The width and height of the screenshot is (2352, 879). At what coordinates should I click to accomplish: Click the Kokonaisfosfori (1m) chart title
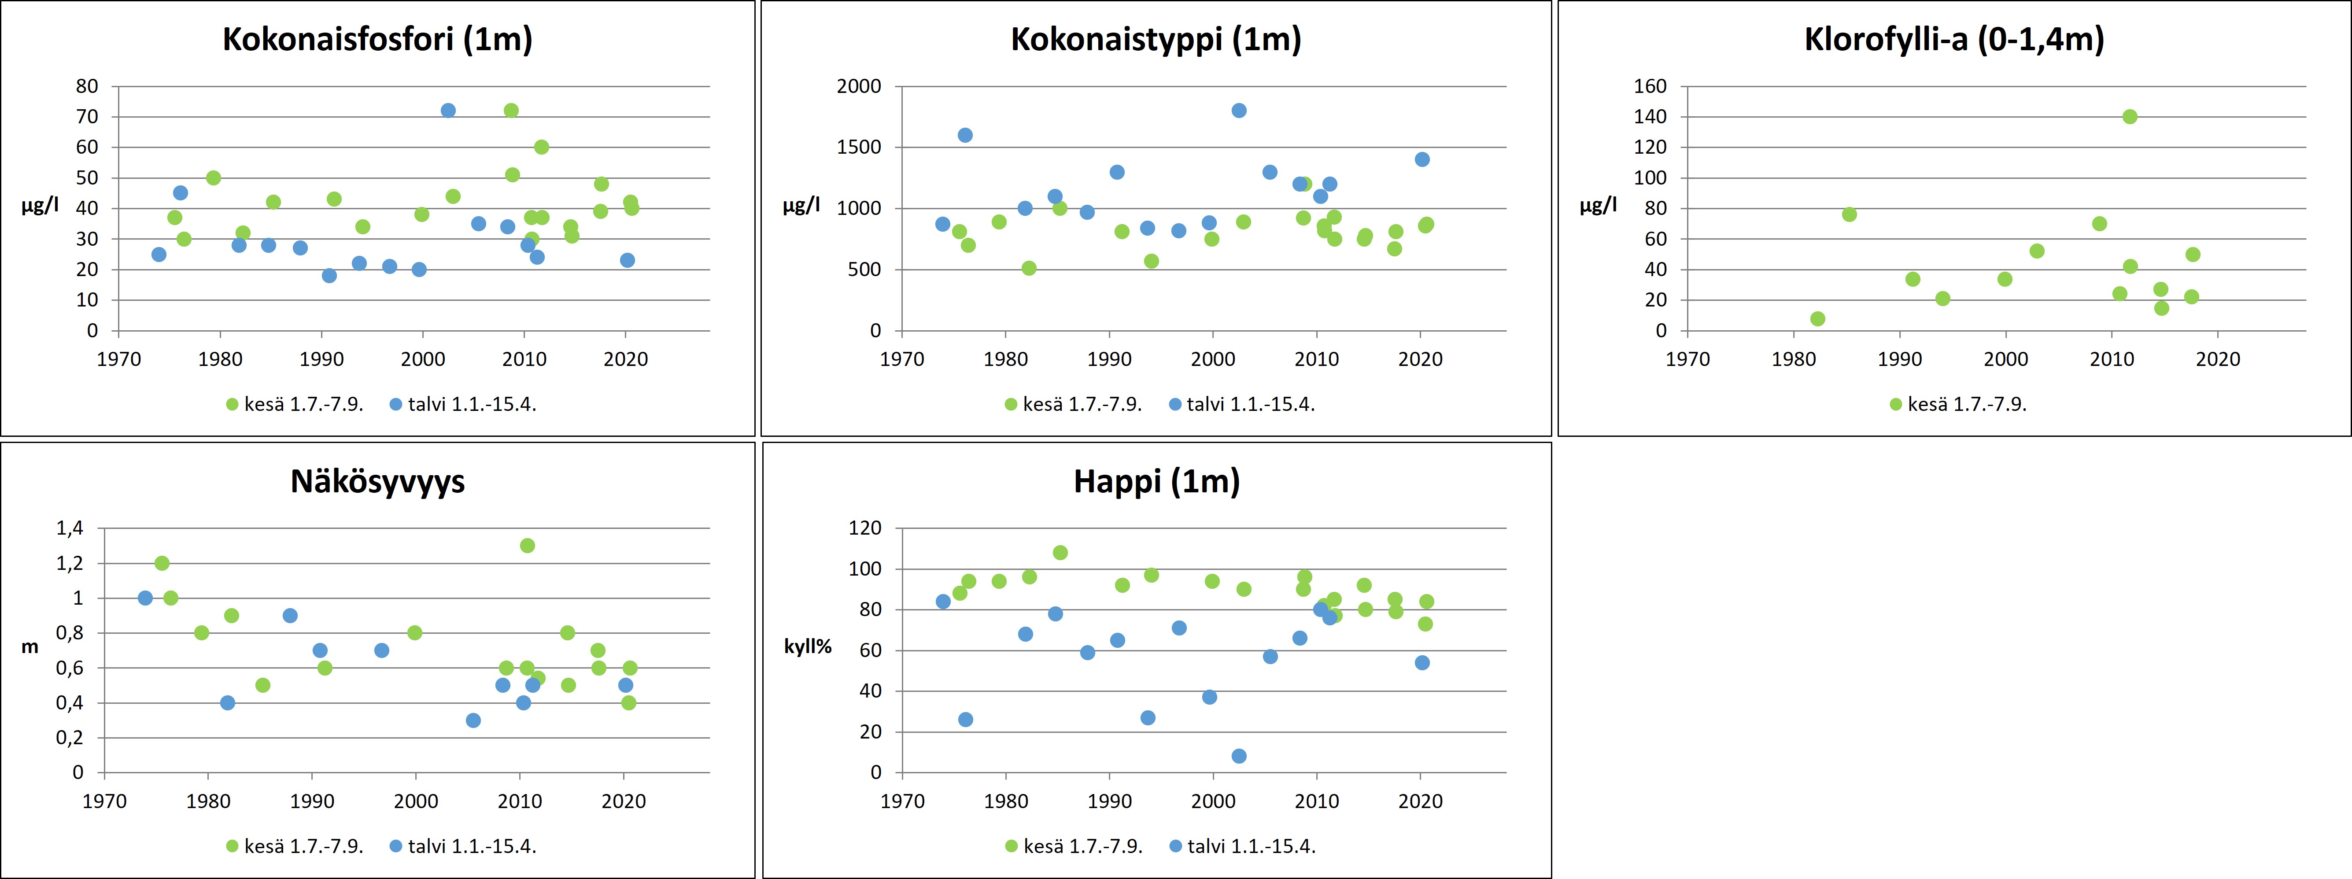[x=377, y=39]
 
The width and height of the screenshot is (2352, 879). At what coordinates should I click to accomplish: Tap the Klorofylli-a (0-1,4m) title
[x=1954, y=39]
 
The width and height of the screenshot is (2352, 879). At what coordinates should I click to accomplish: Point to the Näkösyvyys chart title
[x=377, y=481]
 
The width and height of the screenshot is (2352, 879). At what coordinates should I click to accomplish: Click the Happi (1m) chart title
[x=1156, y=481]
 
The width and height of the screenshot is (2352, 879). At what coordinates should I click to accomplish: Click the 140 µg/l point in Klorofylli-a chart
[x=2129, y=117]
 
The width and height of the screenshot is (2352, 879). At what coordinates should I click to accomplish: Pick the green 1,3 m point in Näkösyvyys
[x=527, y=546]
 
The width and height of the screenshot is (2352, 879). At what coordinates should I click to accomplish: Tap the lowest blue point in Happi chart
[x=1239, y=756]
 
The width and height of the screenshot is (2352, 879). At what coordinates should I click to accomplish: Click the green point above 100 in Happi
[x=1060, y=552]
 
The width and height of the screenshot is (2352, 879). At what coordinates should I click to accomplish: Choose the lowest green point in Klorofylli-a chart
[x=1817, y=318]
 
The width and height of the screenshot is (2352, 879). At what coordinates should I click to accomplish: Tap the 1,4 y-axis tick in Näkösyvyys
[x=70, y=528]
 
